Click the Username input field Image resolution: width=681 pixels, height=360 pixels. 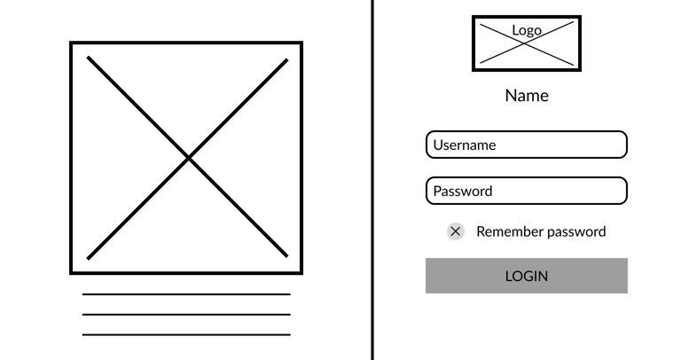[x=527, y=145]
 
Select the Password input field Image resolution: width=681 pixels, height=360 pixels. [x=527, y=191]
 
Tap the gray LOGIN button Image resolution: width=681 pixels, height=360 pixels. [x=527, y=276]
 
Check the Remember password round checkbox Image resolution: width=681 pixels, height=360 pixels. [x=456, y=231]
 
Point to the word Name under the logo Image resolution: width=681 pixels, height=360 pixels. [x=527, y=95]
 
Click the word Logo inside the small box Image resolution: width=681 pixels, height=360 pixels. [x=527, y=30]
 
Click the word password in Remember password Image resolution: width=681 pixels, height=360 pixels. [x=576, y=231]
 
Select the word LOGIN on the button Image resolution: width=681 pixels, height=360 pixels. [x=527, y=276]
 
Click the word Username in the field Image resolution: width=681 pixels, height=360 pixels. [x=465, y=145]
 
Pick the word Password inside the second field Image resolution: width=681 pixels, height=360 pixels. [x=463, y=191]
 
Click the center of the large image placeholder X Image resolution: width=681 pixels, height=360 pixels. [x=187, y=158]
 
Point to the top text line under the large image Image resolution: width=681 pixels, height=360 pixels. [x=186, y=294]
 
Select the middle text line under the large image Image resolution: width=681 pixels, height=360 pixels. [x=186, y=315]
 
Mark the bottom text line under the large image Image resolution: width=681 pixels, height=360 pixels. [x=186, y=335]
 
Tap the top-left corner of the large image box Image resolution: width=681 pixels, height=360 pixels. [x=72, y=43]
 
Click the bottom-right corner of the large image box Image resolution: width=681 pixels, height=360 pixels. [x=301, y=272]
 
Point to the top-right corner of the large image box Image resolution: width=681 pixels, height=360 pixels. [x=301, y=43]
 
